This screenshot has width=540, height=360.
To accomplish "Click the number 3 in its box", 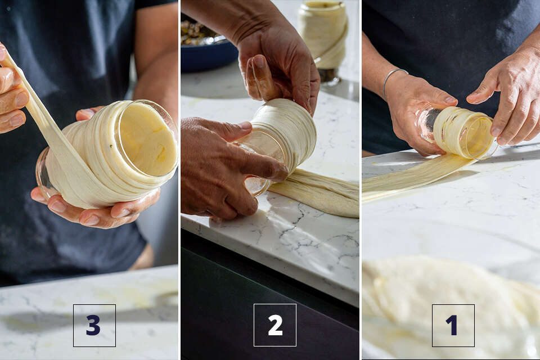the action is tap(93, 325).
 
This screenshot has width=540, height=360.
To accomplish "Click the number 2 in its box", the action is tap(275, 325).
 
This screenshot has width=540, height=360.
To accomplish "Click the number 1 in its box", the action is tap(452, 325).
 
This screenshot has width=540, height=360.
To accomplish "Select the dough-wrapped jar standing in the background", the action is tap(323, 38).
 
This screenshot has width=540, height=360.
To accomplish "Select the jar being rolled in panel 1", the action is tap(456, 133).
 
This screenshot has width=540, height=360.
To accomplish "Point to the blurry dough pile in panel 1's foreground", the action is tap(448, 303).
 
